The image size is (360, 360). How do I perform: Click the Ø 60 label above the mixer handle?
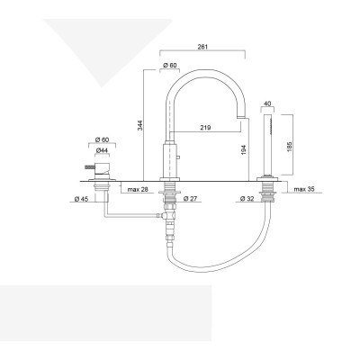pos(103,140)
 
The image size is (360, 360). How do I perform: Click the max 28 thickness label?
pos(138,190)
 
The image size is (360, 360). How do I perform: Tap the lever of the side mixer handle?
pos(89,167)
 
